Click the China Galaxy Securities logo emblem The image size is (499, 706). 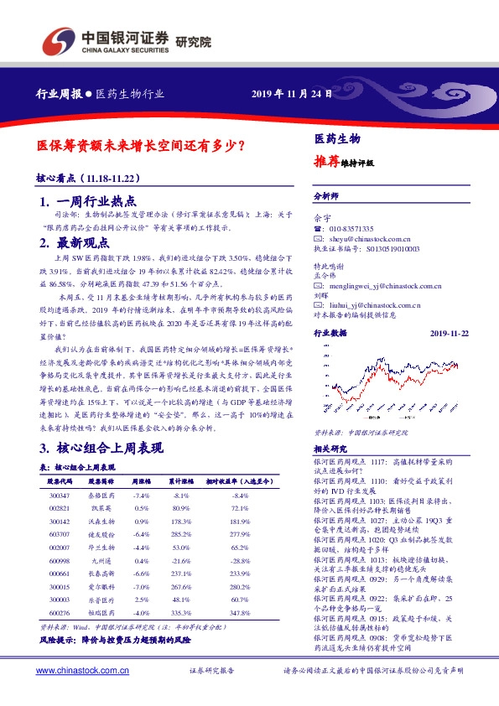56,39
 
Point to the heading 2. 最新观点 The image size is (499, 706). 75,243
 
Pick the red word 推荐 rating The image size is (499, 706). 327,160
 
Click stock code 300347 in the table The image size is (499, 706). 61,495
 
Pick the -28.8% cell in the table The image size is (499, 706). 240,561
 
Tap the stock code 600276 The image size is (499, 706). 61,613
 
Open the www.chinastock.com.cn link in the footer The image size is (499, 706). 81,671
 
